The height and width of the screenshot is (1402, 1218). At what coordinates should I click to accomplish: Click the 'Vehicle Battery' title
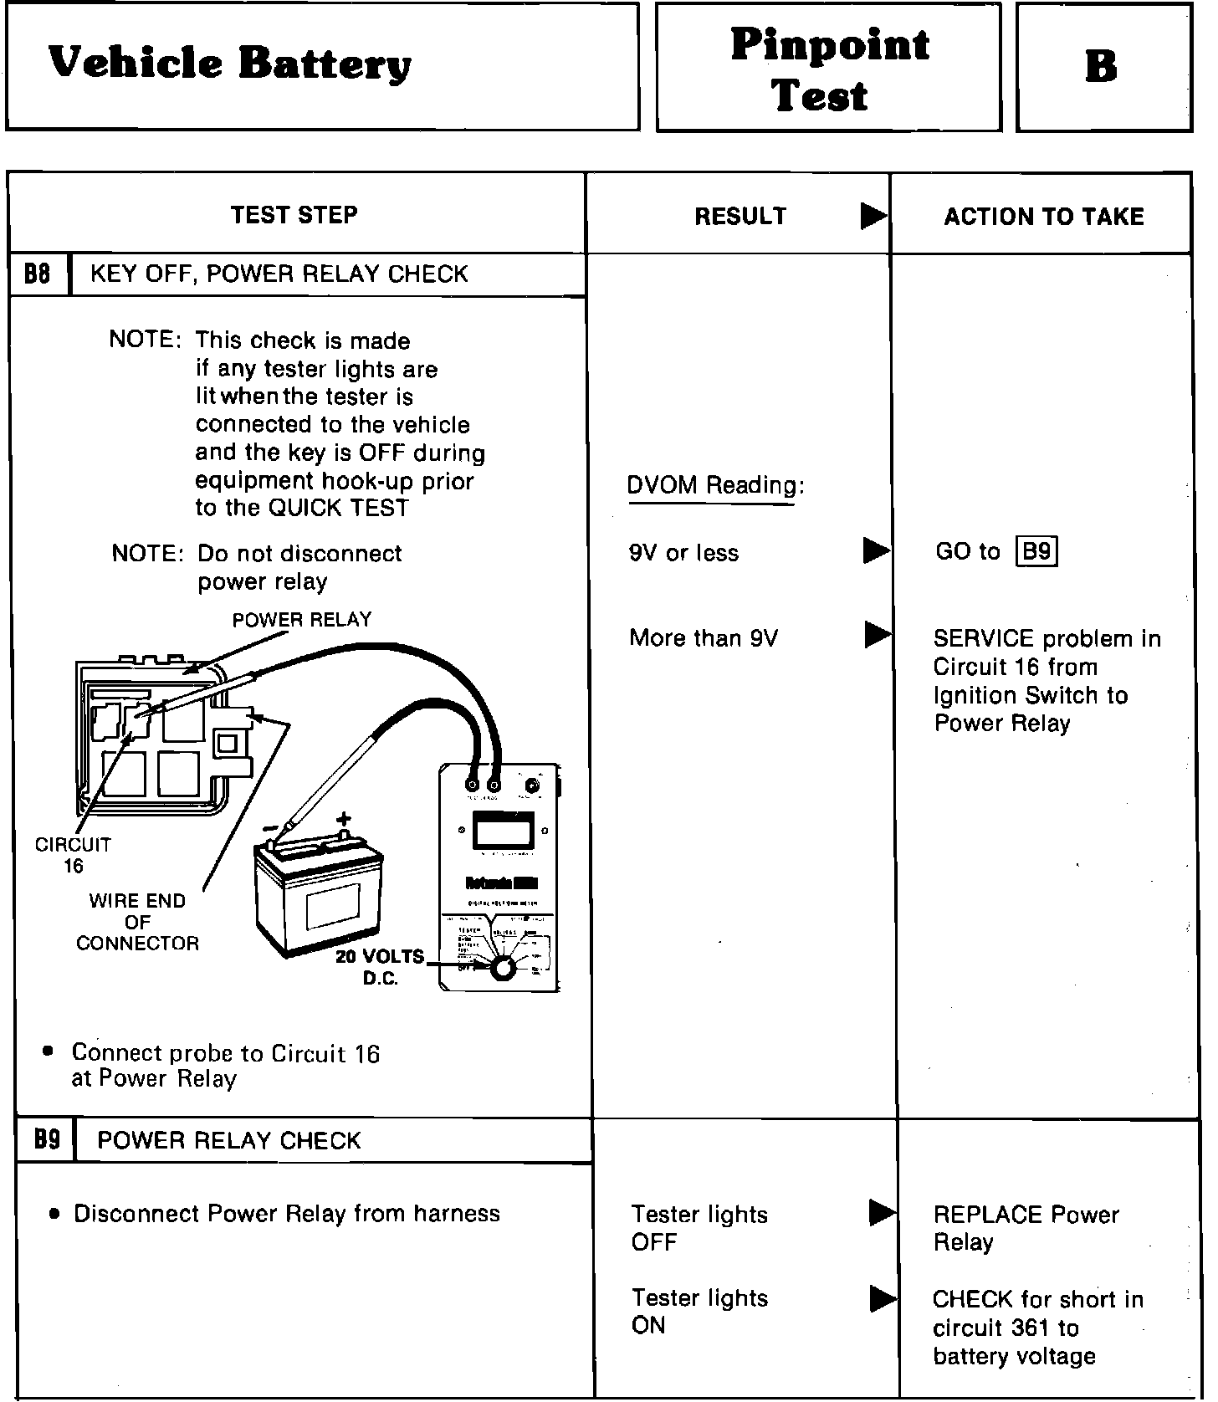(230, 64)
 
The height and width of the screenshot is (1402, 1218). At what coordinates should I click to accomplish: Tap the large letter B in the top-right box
(1101, 67)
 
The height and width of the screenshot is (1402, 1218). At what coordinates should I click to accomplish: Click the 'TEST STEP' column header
(294, 215)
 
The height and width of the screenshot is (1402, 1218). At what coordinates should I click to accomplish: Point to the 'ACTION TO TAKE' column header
(1043, 217)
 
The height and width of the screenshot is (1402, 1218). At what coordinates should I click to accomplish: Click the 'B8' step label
(38, 274)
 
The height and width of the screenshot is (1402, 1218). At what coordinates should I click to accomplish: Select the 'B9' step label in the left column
(46, 1139)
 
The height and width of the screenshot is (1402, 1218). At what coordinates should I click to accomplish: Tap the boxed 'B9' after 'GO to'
(1036, 552)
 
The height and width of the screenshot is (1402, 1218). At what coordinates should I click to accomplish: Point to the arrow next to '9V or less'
(876, 550)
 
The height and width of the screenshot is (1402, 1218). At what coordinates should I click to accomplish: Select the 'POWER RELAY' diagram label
(301, 620)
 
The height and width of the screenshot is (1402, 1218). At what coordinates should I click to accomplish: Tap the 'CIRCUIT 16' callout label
(73, 855)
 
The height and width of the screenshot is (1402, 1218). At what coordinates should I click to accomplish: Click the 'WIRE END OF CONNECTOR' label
(137, 922)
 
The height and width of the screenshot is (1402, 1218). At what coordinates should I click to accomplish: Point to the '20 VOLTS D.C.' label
(380, 967)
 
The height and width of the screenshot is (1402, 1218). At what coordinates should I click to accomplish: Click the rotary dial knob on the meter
(501, 968)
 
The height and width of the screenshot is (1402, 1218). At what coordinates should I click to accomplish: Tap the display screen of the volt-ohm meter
(503, 832)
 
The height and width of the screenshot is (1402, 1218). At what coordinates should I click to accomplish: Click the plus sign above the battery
(344, 820)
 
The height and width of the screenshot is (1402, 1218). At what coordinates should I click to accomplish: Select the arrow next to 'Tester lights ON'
(883, 1299)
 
